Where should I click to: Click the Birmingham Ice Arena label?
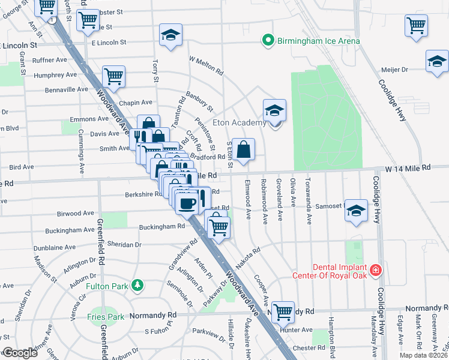[x=318, y=41]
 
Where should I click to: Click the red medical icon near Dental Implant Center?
[x=376, y=271]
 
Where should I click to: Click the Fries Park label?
[x=104, y=316]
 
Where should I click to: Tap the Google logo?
[x=20, y=353]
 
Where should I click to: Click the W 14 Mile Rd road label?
[x=409, y=169]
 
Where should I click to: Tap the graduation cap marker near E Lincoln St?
[x=171, y=36]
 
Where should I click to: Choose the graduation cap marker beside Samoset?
[x=356, y=211]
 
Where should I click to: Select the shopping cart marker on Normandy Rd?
[x=282, y=311]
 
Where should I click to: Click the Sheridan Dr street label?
[x=124, y=245]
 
